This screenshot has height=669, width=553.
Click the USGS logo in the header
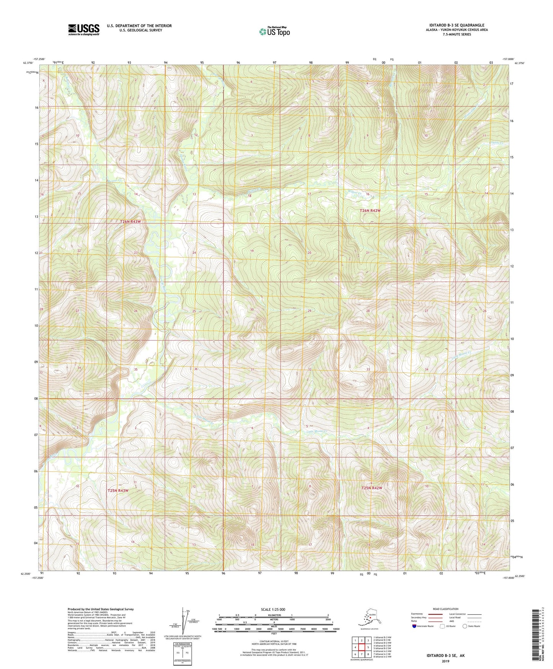84,29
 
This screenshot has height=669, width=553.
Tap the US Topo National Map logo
274,31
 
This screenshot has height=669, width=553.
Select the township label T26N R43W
126,222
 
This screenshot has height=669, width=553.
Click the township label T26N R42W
370,211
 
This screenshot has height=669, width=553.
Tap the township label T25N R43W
118,490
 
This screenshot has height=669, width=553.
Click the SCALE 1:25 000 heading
274,609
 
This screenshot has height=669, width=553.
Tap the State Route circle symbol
465,626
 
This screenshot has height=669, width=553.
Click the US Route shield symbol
443,626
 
